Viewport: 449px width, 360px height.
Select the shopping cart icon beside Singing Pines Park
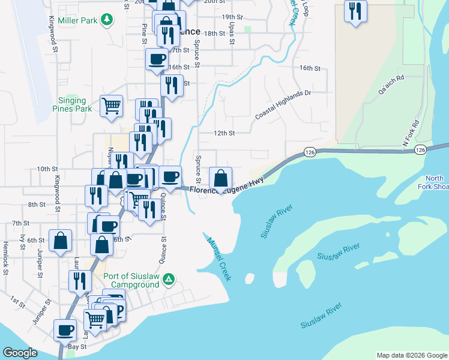(x=112, y=106)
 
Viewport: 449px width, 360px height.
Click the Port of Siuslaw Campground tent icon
(x=169, y=279)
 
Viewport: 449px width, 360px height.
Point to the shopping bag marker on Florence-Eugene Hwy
(x=221, y=178)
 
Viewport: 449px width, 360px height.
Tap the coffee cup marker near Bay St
(x=65, y=329)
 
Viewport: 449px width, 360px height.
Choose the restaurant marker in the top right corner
(x=355, y=11)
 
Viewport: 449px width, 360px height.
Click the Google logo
(x=20, y=353)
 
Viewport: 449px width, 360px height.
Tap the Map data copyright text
(x=411, y=355)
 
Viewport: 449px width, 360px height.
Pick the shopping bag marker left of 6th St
(x=60, y=241)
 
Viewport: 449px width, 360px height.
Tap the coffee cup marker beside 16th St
(x=157, y=59)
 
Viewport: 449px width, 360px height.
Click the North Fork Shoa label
(x=435, y=182)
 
